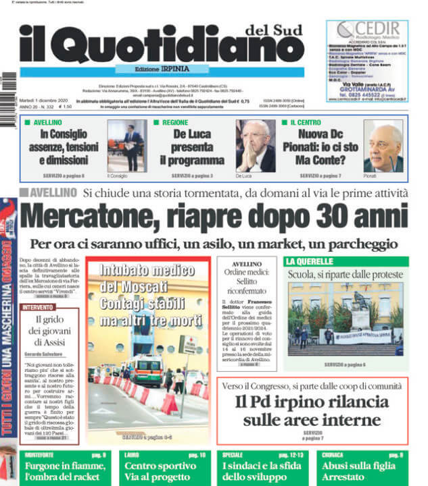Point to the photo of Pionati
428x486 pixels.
point(383,146)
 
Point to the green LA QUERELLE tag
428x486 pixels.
point(310,261)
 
